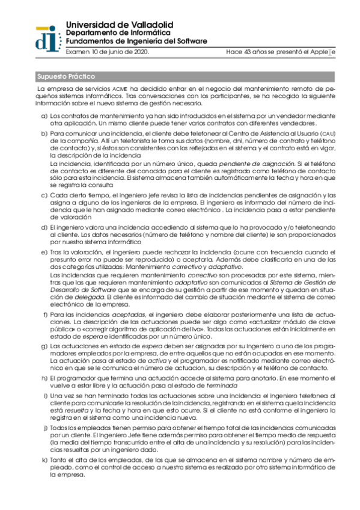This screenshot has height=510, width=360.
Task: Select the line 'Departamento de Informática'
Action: (x=118, y=32)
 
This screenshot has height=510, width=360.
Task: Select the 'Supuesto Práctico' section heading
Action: (x=66, y=76)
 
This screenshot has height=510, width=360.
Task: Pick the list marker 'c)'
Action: (x=43, y=195)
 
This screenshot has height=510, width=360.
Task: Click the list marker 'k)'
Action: (x=43, y=459)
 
